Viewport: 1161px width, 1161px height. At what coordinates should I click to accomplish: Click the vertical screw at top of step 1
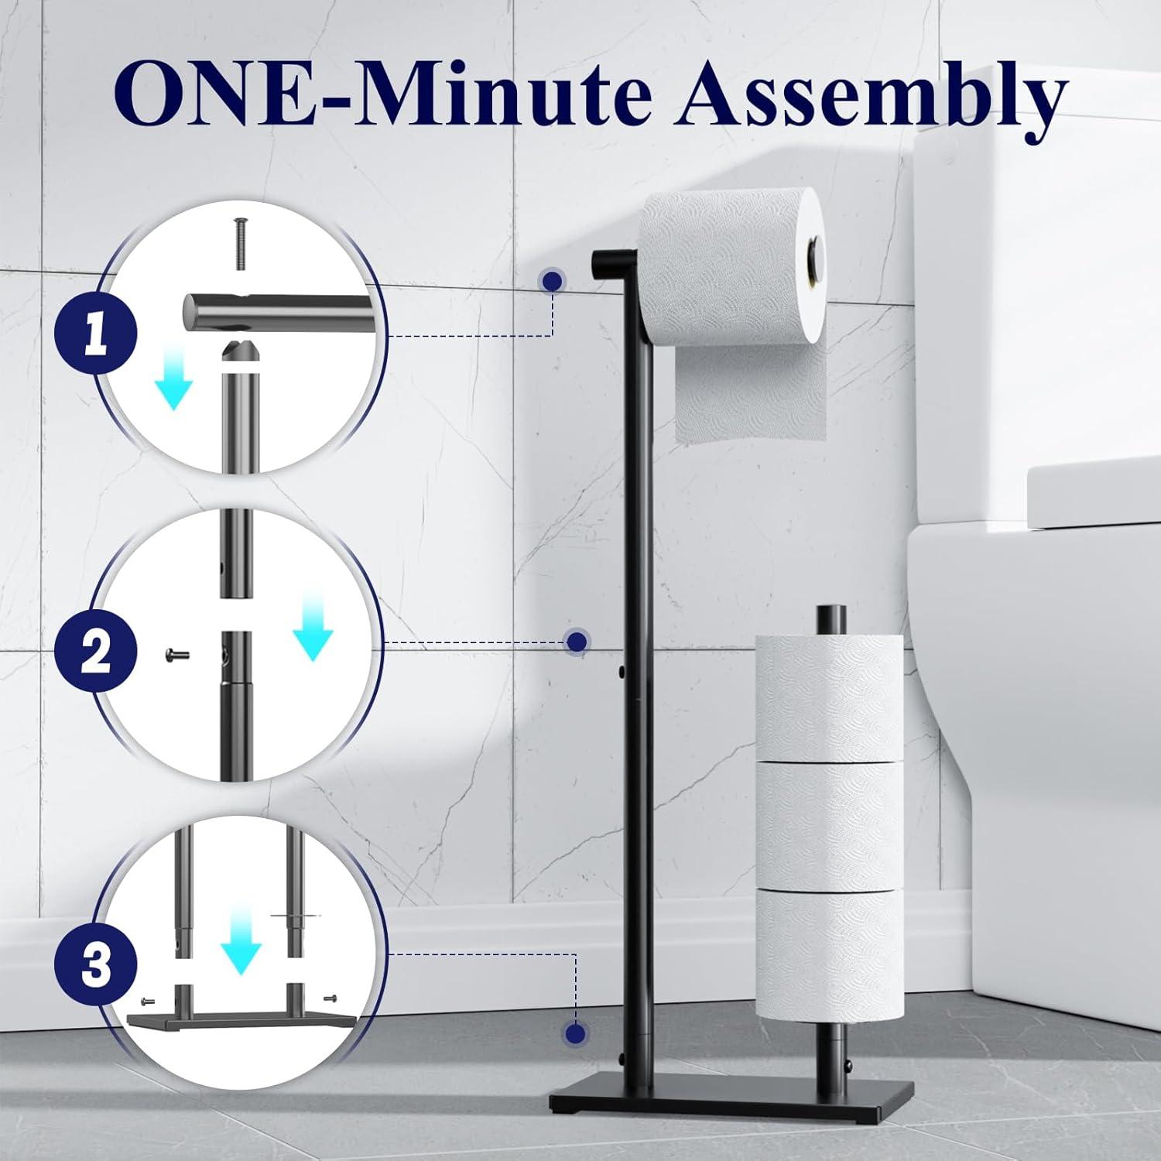tap(239, 244)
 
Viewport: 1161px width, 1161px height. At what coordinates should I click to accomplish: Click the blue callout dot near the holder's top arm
tap(552, 281)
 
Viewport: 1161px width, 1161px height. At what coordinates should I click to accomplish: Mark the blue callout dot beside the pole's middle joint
tap(576, 641)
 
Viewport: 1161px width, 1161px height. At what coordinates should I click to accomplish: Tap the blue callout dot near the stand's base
tap(574, 1033)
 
